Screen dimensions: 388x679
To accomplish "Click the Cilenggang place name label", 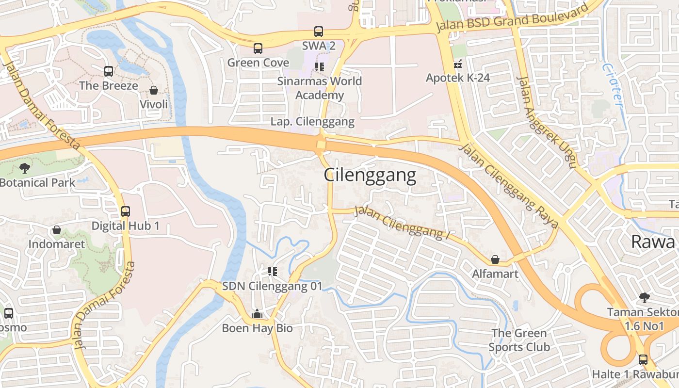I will tap(370, 175).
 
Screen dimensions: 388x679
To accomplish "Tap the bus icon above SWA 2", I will tap(319, 32).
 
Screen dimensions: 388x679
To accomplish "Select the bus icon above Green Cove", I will tap(258, 48).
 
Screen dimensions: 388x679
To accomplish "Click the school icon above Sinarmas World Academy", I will tap(319, 66).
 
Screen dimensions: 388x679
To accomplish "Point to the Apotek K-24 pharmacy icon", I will tap(457, 64).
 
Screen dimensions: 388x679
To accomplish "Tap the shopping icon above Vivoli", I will tap(154, 90).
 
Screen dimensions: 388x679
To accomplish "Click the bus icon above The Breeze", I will tap(109, 71).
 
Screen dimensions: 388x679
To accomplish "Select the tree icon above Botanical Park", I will tap(24, 168).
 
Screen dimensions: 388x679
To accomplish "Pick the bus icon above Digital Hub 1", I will tap(126, 211).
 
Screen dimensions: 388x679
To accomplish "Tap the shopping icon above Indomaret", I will tap(57, 230).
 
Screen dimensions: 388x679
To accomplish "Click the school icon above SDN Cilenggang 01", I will tap(272, 272).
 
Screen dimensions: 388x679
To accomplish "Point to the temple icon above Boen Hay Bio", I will tap(257, 314).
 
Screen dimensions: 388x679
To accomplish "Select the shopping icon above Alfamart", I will tap(495, 259).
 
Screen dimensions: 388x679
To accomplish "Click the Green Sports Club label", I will tap(519, 340).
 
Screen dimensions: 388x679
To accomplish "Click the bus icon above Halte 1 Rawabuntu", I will tap(643, 360).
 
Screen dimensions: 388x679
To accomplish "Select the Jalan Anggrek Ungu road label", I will tap(546, 121).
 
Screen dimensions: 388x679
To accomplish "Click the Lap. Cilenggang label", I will tap(312, 122).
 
